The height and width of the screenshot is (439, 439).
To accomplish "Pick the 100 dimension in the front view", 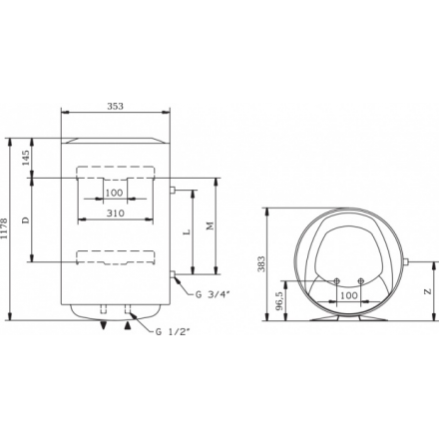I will (114, 192).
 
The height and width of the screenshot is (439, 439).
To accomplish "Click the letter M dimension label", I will (210, 226).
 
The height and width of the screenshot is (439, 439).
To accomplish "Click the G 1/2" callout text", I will (172, 331).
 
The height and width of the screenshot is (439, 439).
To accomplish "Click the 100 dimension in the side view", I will (348, 296).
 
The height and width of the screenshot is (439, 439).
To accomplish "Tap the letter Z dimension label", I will (428, 291).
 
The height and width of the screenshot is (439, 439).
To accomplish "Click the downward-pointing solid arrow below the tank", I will (103, 324).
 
